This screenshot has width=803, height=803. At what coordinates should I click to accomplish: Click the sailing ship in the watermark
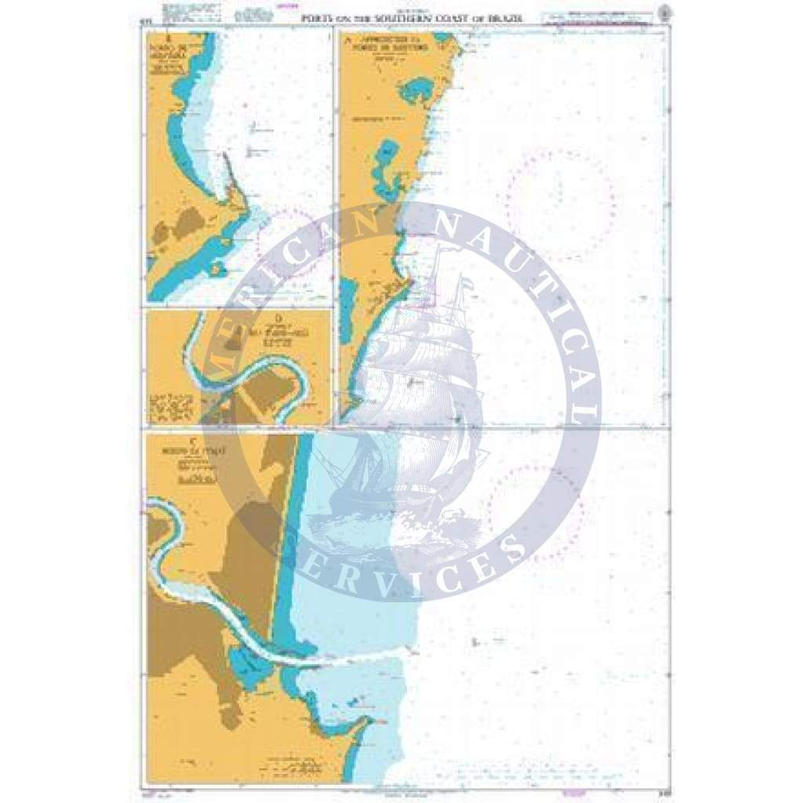416,392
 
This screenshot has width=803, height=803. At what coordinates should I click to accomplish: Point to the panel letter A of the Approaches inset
345,37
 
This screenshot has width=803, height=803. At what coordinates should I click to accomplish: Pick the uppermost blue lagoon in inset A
415,91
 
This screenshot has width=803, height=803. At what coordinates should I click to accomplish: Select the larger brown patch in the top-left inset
188,223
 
